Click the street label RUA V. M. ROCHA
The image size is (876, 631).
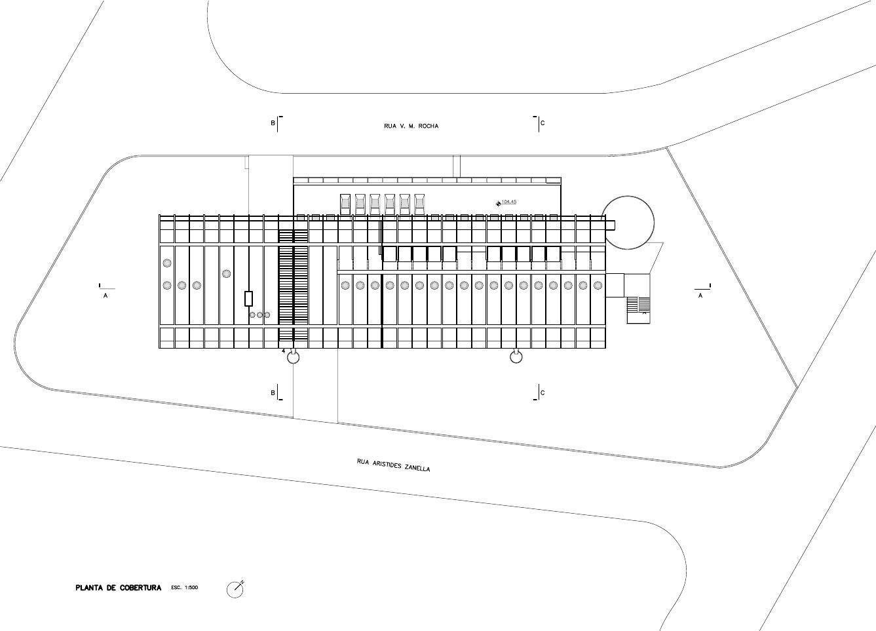coord(411,126)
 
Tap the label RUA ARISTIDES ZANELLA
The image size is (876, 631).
coord(393,465)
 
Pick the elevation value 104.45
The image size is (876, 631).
coord(509,201)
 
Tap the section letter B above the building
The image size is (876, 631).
coord(273,123)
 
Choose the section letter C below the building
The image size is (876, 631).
coord(543,392)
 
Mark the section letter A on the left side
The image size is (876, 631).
coord(105,296)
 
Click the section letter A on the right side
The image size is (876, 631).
coord(700,296)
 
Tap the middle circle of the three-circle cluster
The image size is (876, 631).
coord(259,315)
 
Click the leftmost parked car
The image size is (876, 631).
coord(345,204)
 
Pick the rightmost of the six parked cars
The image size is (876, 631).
coord(419,204)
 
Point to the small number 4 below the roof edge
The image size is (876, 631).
coord(284,351)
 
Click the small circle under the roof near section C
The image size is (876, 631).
coord(516,357)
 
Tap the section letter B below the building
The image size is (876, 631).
coord(273,392)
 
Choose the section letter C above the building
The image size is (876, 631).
coord(543,123)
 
